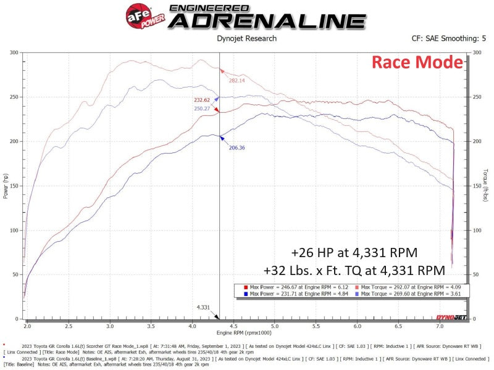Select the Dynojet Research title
coord(247,38)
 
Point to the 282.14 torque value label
coord(237,81)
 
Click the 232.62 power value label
coord(201,100)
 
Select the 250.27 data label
coord(201,109)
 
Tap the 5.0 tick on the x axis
coord(275,324)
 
